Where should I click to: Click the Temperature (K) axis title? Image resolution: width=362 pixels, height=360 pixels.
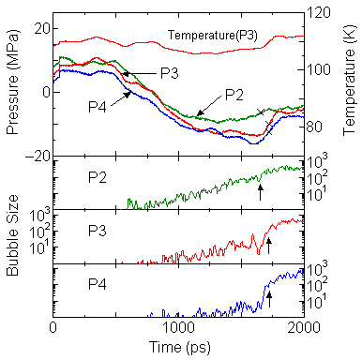[350, 89]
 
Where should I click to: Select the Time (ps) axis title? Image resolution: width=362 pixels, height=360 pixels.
[178, 348]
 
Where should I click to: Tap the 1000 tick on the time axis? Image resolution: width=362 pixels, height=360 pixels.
[178, 329]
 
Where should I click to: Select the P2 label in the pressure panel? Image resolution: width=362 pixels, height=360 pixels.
[234, 94]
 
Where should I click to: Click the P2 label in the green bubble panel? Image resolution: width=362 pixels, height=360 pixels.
[97, 175]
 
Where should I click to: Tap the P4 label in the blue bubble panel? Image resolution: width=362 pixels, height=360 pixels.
[97, 280]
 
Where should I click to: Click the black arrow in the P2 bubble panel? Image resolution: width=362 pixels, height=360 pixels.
[260, 191]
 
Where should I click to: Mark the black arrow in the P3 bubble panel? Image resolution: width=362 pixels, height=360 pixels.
[268, 246]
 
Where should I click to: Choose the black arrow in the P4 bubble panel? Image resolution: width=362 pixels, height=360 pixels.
[269, 299]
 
